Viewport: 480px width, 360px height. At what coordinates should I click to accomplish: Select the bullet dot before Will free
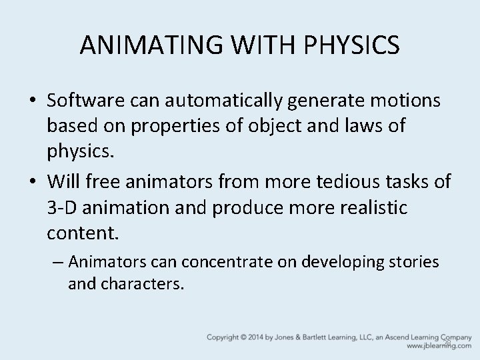[33, 183]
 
